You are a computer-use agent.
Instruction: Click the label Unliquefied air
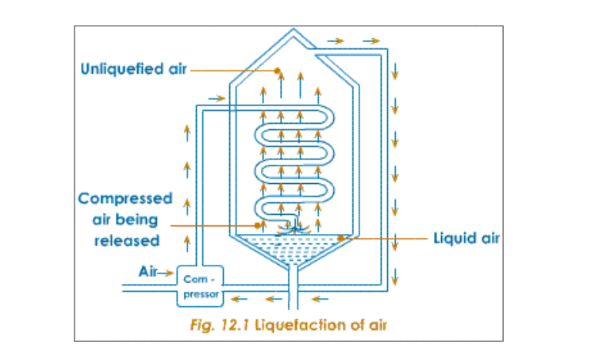pyautogui.click(x=133, y=69)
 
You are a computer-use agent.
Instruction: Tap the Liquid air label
pyautogui.click(x=466, y=238)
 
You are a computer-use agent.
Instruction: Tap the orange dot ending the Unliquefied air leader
pyautogui.click(x=278, y=71)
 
